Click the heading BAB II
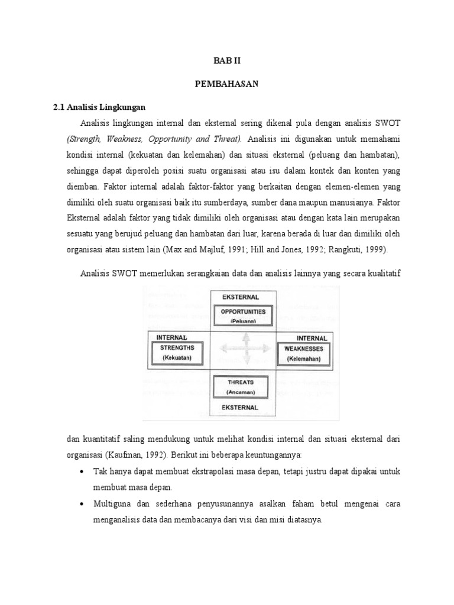click(227, 61)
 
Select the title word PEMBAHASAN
click(227, 84)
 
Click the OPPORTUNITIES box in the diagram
click(243, 315)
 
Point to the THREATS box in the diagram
click(243, 386)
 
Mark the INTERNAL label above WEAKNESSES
click(312, 338)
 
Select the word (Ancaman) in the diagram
click(243, 392)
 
